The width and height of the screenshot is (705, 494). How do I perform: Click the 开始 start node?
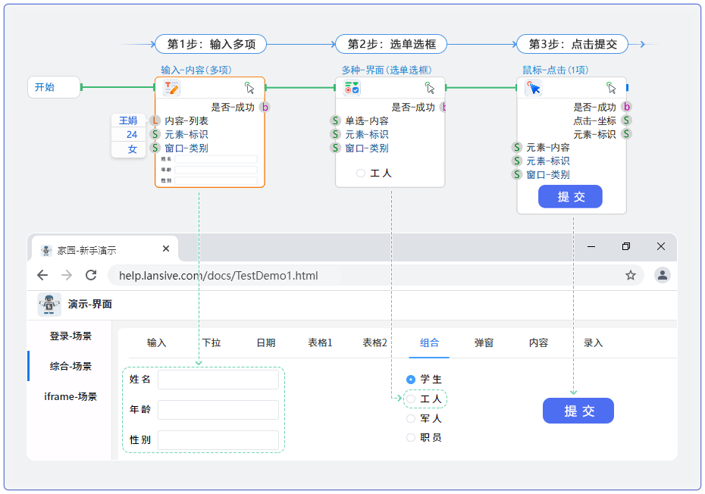coord(53,87)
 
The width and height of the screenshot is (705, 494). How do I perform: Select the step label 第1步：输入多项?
coord(211,44)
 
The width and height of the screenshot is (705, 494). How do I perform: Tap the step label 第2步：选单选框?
coord(391,44)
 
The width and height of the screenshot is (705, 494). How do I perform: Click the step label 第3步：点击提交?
coord(572,44)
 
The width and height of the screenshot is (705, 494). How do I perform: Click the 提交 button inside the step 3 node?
coord(570,197)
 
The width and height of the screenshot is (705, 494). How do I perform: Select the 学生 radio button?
coord(411,379)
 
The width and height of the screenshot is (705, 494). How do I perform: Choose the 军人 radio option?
coord(411,418)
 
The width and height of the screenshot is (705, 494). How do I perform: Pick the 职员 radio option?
coord(411,438)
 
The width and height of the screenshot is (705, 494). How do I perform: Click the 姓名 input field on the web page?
coord(218,380)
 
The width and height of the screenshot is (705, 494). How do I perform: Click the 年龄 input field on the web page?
coord(218,410)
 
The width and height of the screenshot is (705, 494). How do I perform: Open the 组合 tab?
coord(429,343)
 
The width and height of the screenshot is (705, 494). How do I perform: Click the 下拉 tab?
coord(211,343)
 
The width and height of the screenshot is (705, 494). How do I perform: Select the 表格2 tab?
coord(374,343)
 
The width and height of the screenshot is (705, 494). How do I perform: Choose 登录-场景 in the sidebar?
coord(70,336)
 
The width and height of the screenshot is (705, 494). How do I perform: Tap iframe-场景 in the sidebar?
coord(70,396)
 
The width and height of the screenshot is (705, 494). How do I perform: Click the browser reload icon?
coord(91,275)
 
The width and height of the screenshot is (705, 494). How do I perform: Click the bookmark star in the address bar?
coord(631,275)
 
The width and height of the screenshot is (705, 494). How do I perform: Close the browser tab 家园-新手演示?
coord(166,249)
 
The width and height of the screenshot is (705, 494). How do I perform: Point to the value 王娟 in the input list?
coord(128,120)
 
